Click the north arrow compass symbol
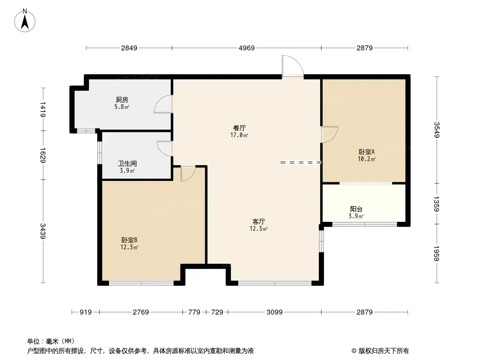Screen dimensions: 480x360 25,21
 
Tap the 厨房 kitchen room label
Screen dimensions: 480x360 122,100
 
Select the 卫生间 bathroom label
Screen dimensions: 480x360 127,164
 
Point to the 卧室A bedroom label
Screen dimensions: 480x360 367,152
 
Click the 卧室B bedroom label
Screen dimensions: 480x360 129,240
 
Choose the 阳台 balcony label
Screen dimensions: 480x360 356,209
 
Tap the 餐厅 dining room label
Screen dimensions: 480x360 240,128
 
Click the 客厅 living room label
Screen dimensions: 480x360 258,221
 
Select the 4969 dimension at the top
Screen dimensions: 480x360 246,48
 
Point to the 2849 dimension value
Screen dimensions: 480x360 129,48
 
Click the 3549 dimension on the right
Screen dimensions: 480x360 437,130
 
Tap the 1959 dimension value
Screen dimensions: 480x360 437,253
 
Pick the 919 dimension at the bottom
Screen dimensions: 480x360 86,312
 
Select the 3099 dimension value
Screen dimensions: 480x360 275,312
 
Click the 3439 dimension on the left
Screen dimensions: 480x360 43,231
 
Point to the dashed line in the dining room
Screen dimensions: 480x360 301,162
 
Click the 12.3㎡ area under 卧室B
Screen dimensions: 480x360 129,247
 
